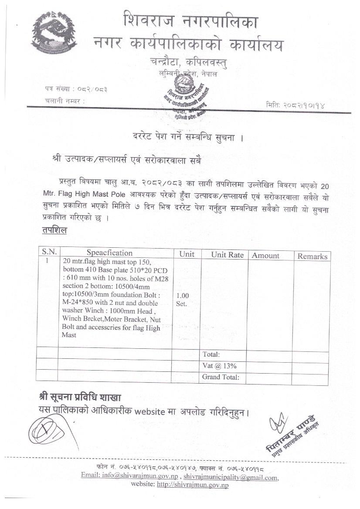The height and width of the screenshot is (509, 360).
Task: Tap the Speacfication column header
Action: point(109,253)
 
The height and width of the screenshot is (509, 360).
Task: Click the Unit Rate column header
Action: point(227,255)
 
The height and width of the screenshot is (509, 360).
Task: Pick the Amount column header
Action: point(265,256)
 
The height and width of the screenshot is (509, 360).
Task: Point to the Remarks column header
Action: point(312,256)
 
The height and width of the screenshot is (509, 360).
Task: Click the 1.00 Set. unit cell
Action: point(183,299)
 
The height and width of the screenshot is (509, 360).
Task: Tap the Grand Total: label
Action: point(221,377)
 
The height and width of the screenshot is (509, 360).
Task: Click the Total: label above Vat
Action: point(211,354)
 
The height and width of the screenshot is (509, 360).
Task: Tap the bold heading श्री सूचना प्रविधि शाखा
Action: point(80,397)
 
